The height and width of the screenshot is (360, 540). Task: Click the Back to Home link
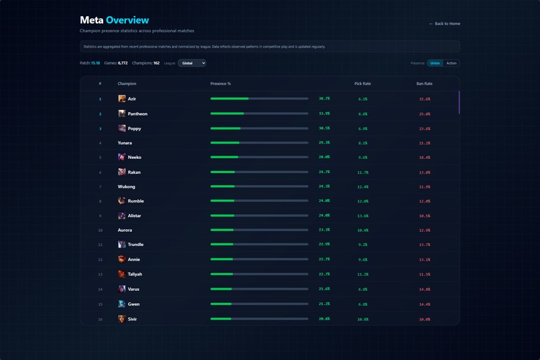[444, 23]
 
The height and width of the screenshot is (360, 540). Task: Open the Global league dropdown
[192, 63]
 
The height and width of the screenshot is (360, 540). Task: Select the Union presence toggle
[435, 63]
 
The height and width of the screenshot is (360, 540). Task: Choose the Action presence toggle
[452, 63]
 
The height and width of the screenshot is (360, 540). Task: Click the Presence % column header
[220, 84]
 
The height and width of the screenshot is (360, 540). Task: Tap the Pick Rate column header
[362, 84]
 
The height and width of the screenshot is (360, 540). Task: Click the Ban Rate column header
[424, 84]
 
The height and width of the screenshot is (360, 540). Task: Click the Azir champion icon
[122, 99]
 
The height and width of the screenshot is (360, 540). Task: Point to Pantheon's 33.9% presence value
[324, 114]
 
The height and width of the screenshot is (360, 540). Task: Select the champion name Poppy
[134, 129]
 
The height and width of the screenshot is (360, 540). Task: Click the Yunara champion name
[125, 143]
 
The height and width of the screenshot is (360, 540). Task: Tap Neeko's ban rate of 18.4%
[424, 158]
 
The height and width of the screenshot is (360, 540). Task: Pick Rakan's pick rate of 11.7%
[362, 172]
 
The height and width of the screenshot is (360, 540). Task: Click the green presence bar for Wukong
[222, 186]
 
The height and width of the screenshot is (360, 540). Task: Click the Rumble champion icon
[122, 200]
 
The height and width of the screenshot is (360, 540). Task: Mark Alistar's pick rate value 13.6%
[362, 216]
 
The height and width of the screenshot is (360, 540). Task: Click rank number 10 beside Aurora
[100, 230]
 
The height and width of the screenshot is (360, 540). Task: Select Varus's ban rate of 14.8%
[424, 289]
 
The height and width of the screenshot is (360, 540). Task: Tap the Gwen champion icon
[122, 304]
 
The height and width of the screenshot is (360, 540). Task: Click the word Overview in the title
[127, 20]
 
